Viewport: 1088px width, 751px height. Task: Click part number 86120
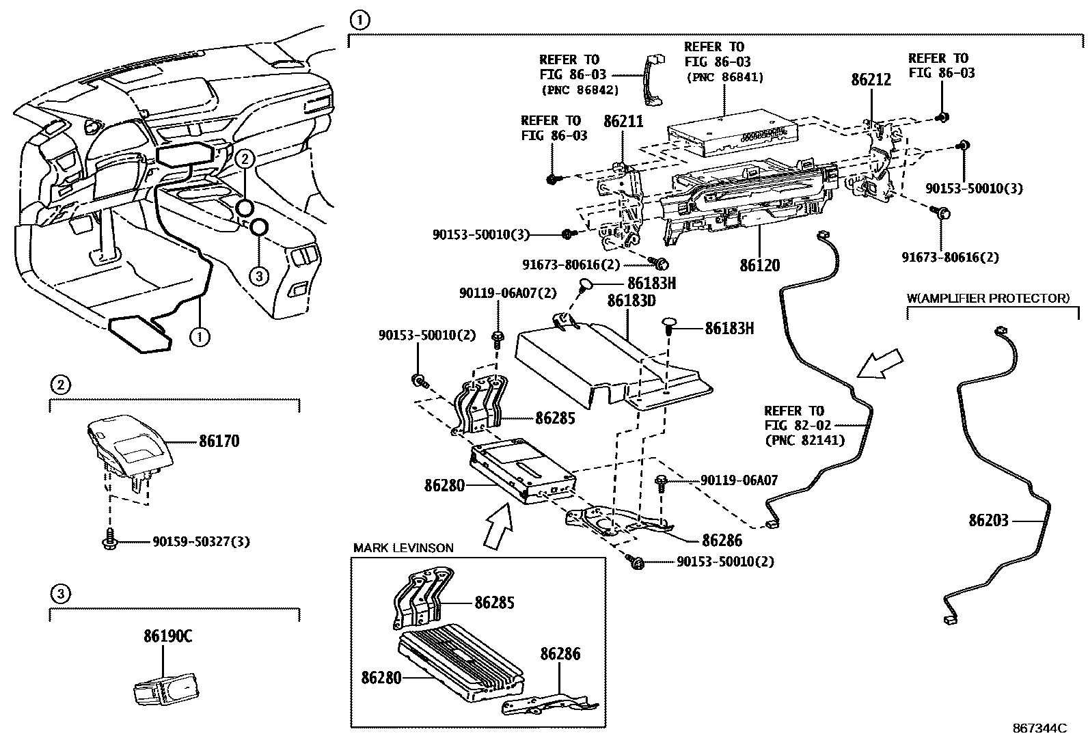[x=759, y=265]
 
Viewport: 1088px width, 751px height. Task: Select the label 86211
[x=623, y=122]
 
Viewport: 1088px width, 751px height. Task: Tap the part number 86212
[x=871, y=80]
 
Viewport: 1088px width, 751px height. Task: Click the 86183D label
[x=632, y=300]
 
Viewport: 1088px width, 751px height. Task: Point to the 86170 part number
[x=219, y=441]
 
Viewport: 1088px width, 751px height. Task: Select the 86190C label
[x=167, y=636]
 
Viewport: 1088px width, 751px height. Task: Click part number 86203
[x=988, y=521]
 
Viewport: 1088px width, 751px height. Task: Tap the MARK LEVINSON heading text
[x=403, y=548]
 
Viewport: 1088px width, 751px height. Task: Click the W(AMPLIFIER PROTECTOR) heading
[x=988, y=298]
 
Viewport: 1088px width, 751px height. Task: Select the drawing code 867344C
[x=1039, y=728]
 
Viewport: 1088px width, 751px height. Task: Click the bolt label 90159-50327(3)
[x=200, y=542]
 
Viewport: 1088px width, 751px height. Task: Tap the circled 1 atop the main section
[x=359, y=21]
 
